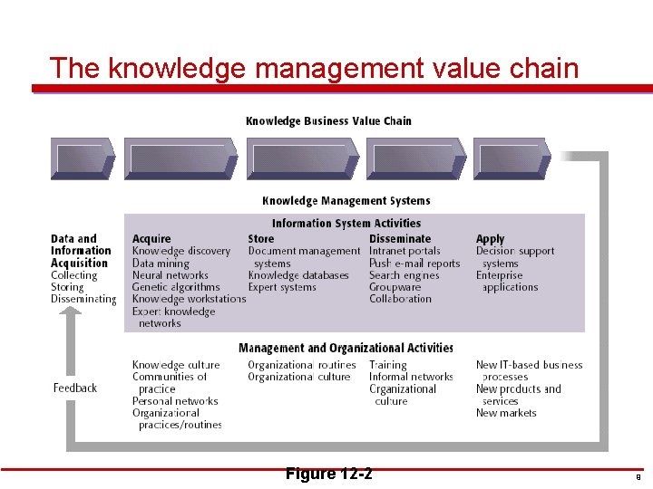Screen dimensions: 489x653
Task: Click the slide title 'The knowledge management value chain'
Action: point(314,68)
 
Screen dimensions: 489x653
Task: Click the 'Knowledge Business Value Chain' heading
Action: point(328,120)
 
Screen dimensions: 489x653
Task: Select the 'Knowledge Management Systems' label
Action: point(346,201)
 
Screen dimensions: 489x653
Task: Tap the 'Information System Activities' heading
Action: point(346,223)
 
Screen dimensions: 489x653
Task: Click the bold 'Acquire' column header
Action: point(151,239)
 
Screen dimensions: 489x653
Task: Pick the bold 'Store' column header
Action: point(260,239)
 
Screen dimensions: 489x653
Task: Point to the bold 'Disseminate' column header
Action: point(400,239)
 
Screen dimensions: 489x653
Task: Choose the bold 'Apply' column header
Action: point(490,239)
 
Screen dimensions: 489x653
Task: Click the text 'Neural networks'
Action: point(170,275)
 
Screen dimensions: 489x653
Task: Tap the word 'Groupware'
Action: point(395,287)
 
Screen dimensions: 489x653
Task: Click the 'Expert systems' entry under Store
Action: point(282,287)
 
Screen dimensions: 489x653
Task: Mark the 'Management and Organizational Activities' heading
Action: point(346,348)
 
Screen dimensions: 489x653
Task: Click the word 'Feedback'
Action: point(75,388)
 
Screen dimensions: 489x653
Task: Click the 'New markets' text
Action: point(506,413)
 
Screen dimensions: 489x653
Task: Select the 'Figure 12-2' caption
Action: point(327,475)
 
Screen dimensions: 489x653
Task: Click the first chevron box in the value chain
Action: point(83,158)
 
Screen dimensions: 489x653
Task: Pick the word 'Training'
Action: point(388,365)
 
